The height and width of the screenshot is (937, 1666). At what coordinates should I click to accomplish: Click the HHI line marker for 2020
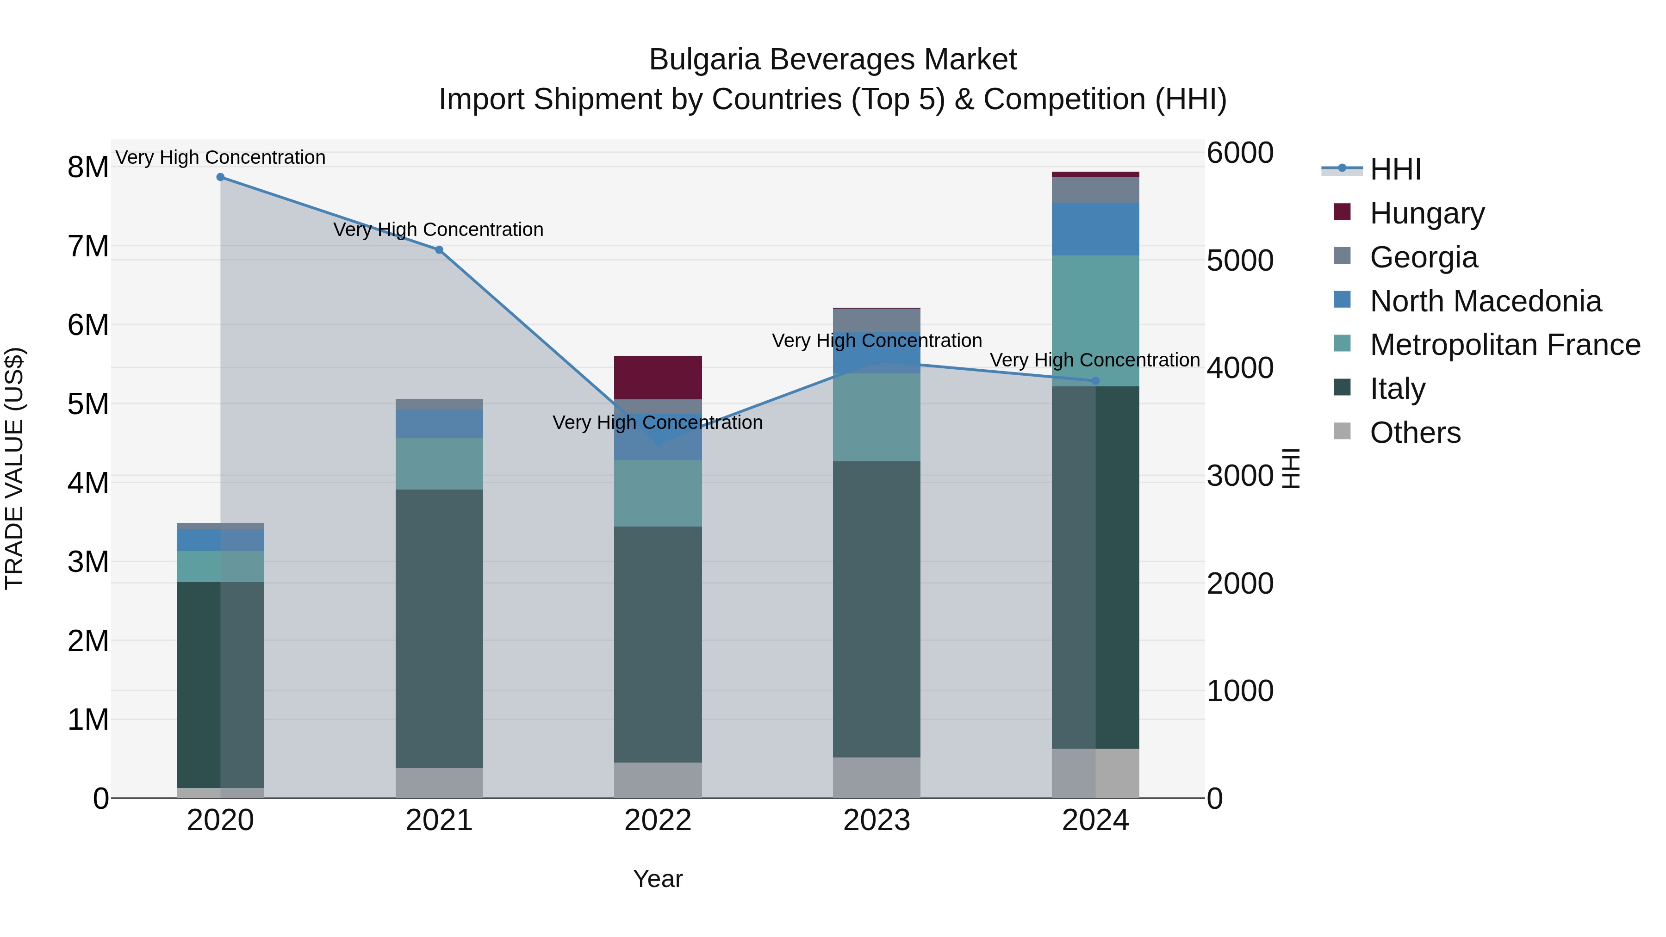coord(221,177)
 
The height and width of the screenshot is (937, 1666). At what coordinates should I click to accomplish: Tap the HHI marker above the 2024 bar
coord(1095,381)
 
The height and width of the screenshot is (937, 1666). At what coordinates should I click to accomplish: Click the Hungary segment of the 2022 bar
coord(658,378)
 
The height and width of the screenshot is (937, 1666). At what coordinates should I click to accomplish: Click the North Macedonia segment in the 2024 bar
coord(1095,229)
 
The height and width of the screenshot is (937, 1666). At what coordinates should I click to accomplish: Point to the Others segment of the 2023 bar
coord(877,778)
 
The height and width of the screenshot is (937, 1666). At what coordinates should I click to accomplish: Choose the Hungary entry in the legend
coord(1427,213)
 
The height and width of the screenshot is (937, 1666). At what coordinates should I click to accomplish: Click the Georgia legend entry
coord(1423,257)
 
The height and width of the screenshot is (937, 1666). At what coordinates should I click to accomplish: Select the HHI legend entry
coord(1395,169)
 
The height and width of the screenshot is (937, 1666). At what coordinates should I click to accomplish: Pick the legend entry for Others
coord(1414,433)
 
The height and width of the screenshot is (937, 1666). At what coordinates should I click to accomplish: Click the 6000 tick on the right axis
coord(1240,153)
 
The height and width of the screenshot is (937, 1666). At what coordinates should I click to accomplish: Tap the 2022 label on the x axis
coord(658,820)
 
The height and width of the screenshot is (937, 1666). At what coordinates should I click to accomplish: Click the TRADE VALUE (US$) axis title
coord(14,468)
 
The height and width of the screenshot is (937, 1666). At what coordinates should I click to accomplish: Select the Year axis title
coord(658,879)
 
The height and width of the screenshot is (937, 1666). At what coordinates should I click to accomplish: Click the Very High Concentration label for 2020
coord(221,157)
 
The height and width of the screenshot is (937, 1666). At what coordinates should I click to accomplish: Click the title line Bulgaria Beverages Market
coord(833,60)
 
